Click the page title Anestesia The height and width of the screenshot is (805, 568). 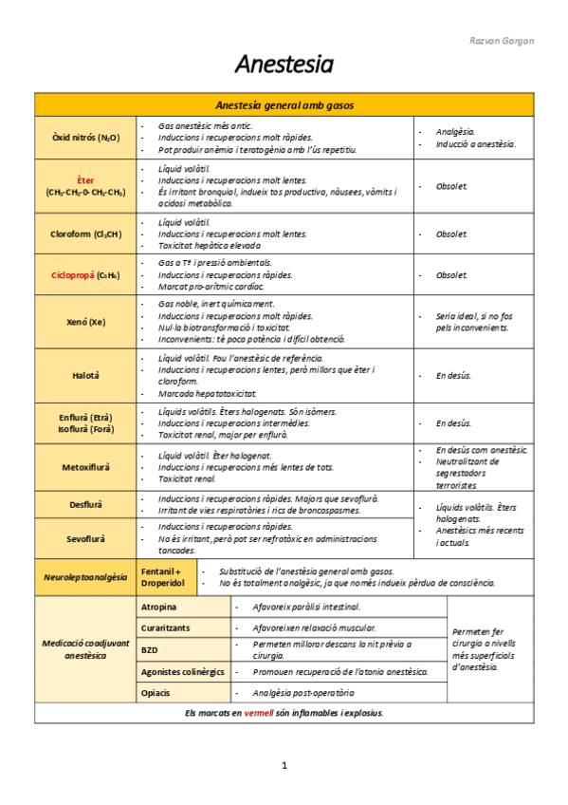pos(284,65)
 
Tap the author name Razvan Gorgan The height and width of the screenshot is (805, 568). pos(502,41)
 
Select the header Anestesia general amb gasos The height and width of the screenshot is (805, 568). pos(284,105)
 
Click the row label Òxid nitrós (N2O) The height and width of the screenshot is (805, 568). pos(85,138)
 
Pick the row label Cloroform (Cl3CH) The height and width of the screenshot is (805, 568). pos(85,234)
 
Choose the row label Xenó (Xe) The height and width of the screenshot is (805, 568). pos(85,322)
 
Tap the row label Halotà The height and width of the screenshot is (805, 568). pos(85,375)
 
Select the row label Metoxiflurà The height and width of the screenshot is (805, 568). pos(85,467)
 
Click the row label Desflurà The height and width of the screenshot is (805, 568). pos(85,504)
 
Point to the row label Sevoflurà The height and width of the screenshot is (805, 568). pos(85,538)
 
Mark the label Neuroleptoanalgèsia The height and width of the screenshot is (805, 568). pos(85,577)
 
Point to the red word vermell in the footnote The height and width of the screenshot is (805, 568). pos(258,713)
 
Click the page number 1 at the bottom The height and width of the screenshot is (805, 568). pos(284,765)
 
